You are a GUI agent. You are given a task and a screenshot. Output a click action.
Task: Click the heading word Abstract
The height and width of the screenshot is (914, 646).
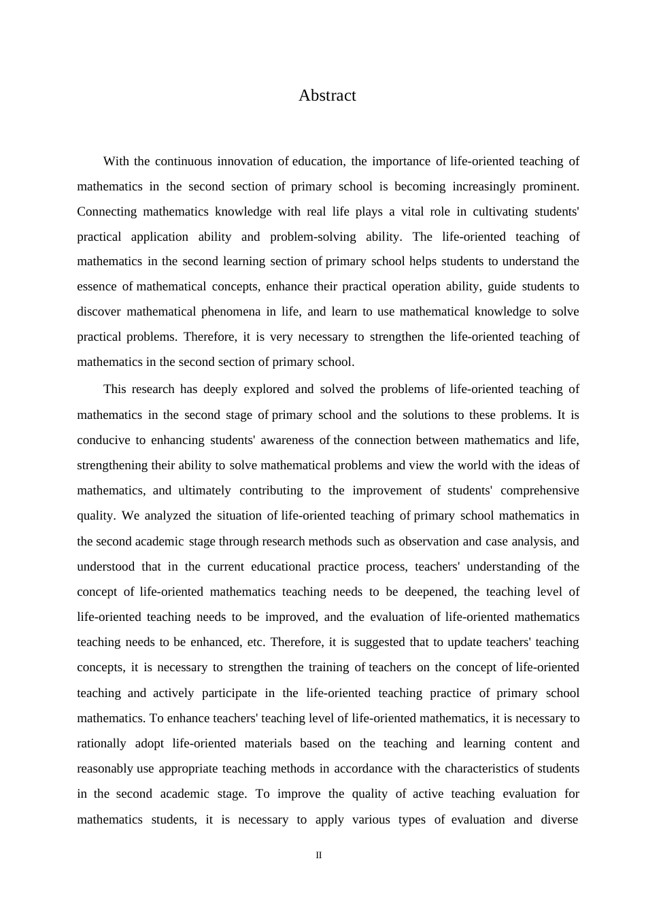tap(327, 96)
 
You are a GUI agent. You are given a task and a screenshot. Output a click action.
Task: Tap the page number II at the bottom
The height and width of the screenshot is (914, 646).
tap(318, 856)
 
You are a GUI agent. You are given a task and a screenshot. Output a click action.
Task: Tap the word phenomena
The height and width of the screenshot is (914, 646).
tap(231, 311)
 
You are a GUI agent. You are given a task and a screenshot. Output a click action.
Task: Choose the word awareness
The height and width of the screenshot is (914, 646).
tap(286, 440)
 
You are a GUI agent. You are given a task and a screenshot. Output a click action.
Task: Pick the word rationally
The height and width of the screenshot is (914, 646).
tap(101, 743)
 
